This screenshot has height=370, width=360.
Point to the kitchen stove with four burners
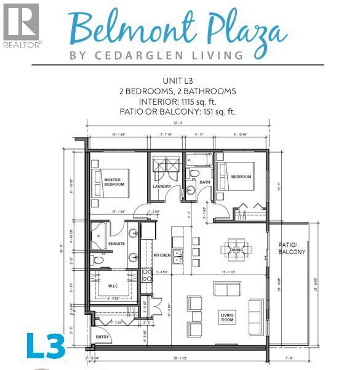[x=147, y=275]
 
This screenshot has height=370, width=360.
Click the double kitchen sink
[x=177, y=255]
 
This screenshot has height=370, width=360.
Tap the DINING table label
[x=236, y=250]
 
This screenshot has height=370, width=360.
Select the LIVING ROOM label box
[x=227, y=318]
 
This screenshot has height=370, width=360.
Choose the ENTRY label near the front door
[x=102, y=337]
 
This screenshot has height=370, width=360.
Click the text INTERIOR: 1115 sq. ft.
[x=178, y=102]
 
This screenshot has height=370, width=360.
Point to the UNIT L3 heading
[x=178, y=81]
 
